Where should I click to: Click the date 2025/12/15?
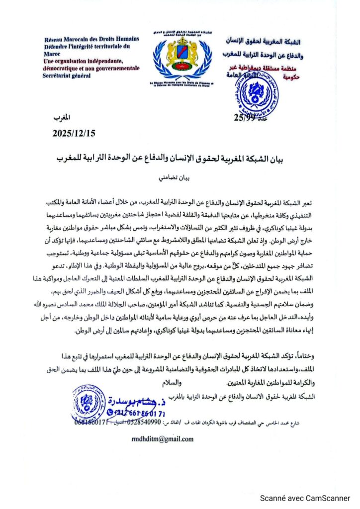[x=74, y=133]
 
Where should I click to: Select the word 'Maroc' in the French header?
[x=54, y=53]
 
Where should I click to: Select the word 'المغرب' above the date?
[x=62, y=117]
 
